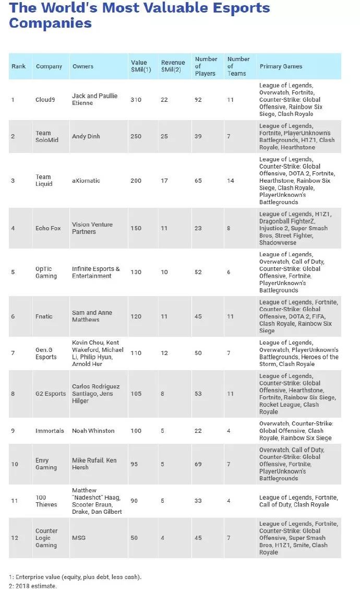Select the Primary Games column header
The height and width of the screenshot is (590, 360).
281,66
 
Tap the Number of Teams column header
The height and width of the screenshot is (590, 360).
238,66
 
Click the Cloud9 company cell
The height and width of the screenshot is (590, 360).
46,100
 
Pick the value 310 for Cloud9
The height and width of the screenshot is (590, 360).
136,100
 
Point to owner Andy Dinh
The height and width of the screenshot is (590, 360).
86,136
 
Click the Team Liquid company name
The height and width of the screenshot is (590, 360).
43,180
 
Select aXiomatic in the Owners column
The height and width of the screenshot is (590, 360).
86,181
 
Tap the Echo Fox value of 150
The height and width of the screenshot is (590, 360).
136,228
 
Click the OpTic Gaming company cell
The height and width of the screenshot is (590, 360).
46,273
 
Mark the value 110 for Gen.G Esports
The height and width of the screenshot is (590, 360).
136,353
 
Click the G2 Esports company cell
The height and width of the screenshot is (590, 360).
51,394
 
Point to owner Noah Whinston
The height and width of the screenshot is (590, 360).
93,431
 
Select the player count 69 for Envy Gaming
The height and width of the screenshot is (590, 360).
198,464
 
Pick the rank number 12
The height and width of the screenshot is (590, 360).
15,538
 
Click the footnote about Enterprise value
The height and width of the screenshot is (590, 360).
75,577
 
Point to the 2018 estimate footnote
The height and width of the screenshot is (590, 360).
32,586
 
